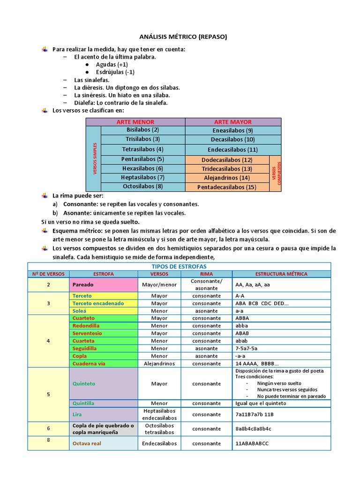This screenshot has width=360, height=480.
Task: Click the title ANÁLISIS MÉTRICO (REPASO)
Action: click(180, 36)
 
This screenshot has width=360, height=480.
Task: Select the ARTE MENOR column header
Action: click(135, 122)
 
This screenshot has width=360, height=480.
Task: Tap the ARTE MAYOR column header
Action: click(233, 122)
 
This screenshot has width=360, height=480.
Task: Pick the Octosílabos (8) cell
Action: click(142, 187)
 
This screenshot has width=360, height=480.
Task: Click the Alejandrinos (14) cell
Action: click(227, 178)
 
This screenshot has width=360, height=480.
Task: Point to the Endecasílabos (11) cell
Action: click(233, 150)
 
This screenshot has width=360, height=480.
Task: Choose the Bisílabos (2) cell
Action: click(142, 130)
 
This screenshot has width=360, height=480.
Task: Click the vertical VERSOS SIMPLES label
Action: click(94, 158)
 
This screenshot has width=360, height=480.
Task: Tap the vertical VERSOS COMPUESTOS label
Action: click(276, 173)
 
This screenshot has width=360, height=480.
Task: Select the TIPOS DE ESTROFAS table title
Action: click(179, 266)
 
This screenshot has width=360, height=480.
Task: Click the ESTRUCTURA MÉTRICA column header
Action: click(281, 274)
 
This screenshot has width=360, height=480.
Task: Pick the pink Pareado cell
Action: click(104, 285)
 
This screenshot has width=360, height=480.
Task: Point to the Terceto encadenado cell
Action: click(98, 303)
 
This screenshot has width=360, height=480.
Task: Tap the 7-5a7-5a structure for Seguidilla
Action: click(247, 348)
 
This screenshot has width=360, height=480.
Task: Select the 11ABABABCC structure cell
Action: click(252, 443)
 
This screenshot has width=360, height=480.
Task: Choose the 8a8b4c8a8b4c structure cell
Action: click(253, 428)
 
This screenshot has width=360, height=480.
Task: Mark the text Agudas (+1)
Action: click(112, 64)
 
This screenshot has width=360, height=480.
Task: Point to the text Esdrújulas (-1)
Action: click(115, 72)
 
